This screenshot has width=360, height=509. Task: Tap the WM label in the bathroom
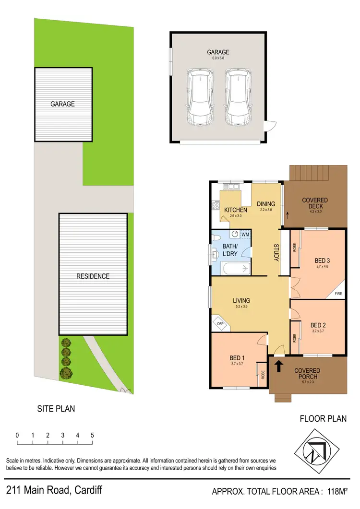[245, 234]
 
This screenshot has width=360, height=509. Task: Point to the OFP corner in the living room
[221, 324]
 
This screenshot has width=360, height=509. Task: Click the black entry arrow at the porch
[278, 367]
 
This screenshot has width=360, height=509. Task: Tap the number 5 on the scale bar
[92, 436]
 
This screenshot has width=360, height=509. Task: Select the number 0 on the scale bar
[17, 436]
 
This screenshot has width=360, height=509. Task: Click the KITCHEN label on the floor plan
[236, 210]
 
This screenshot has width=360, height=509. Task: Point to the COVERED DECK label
[315, 203]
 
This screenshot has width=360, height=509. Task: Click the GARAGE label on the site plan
[63, 104]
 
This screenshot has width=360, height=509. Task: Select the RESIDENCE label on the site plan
[93, 276]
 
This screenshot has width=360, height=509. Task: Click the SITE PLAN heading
[56, 409]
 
